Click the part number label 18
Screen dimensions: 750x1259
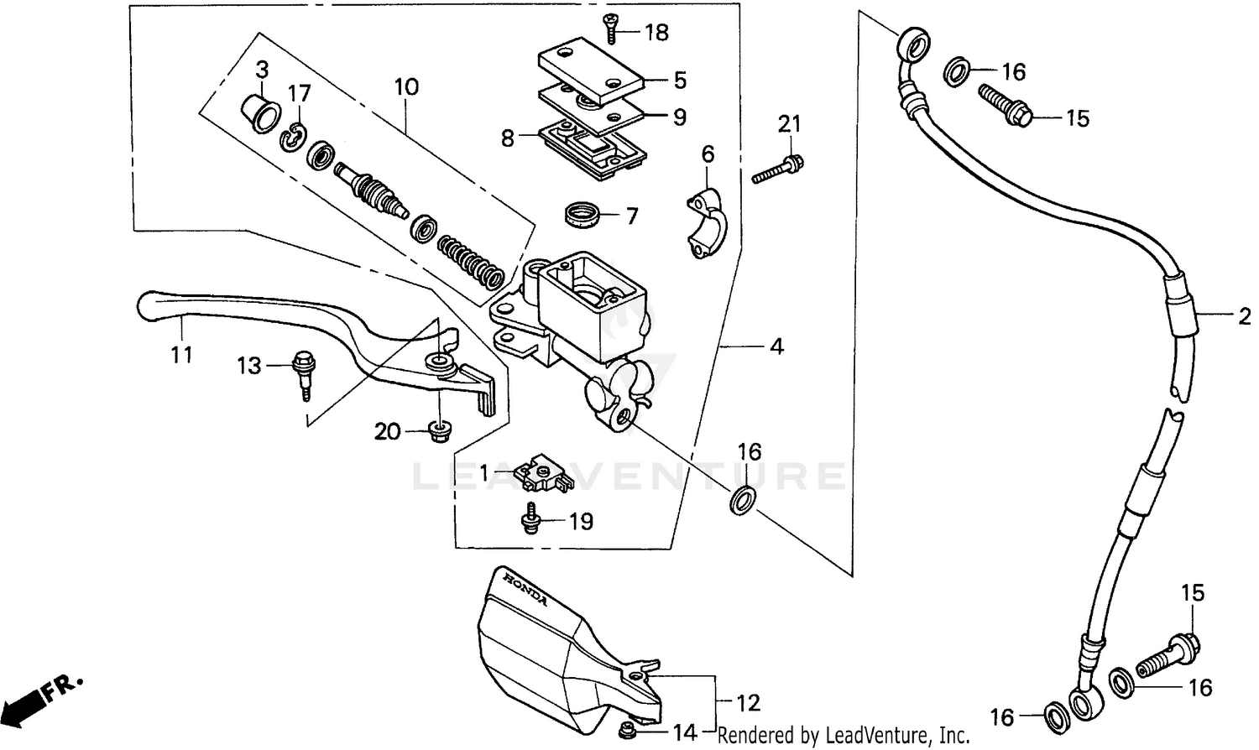point(656,33)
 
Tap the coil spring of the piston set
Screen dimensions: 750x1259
point(470,258)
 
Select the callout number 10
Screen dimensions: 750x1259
point(406,86)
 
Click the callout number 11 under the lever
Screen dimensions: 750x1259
point(181,354)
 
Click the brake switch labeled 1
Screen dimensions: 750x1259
point(543,472)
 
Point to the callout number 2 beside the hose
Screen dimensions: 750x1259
point(1243,316)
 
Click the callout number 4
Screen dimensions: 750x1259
point(776,346)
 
